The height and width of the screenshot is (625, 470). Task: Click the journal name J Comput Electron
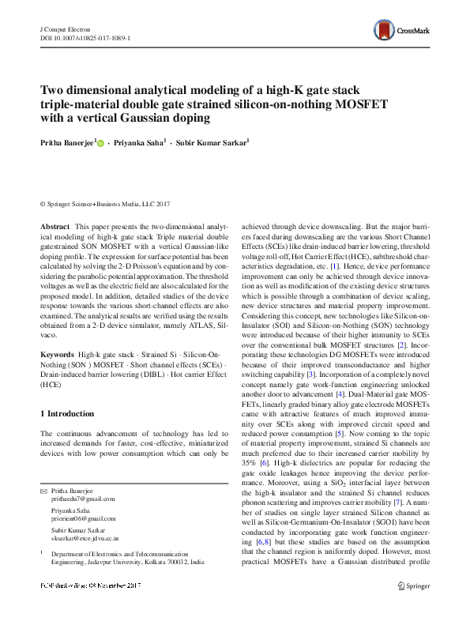(x=66, y=28)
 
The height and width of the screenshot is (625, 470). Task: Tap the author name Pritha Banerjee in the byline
(x=66, y=142)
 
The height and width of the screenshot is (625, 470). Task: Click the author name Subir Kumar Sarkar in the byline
(x=212, y=142)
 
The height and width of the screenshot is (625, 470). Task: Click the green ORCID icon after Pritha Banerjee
(x=100, y=143)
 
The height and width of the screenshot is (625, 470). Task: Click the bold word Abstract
(x=55, y=226)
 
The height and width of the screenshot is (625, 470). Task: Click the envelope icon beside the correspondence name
(x=43, y=491)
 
